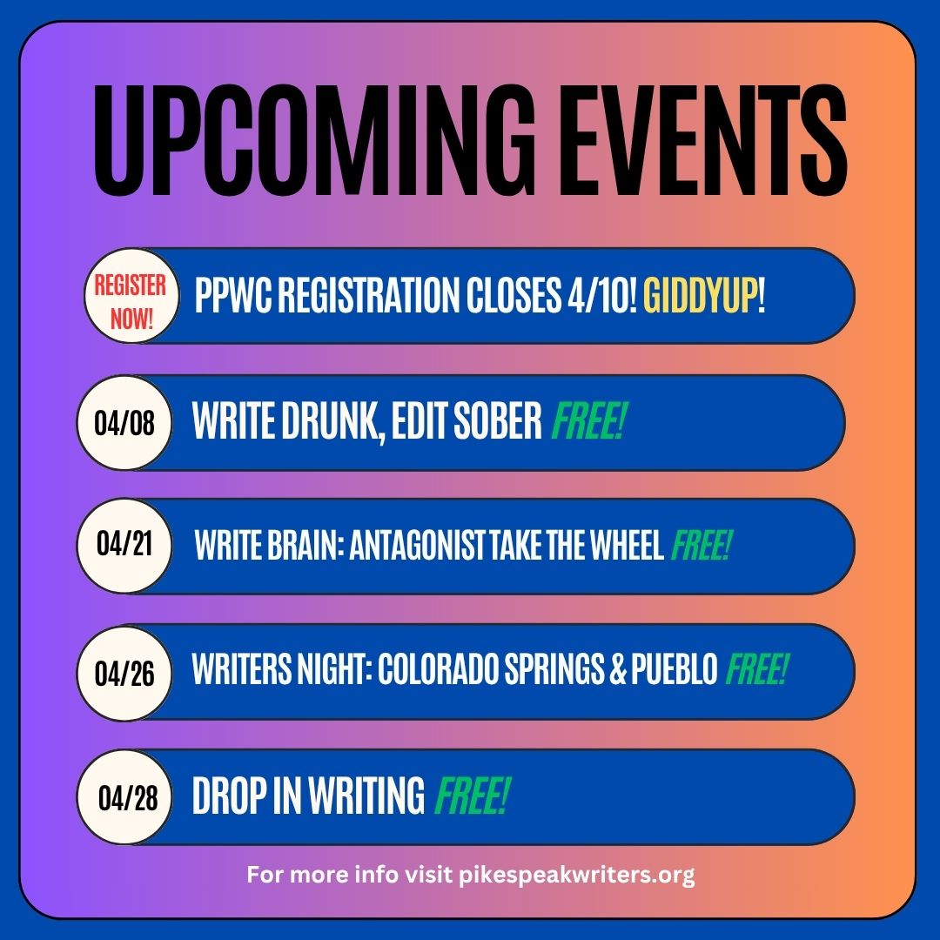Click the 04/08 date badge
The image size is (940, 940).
point(123,423)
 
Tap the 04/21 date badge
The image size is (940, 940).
point(123,546)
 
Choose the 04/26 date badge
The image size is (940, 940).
point(123,671)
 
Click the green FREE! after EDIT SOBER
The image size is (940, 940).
point(590,423)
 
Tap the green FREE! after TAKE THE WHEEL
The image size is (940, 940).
point(702,546)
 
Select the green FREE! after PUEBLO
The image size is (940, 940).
point(757,671)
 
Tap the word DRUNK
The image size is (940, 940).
point(322,423)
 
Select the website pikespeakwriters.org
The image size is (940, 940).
point(576,874)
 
